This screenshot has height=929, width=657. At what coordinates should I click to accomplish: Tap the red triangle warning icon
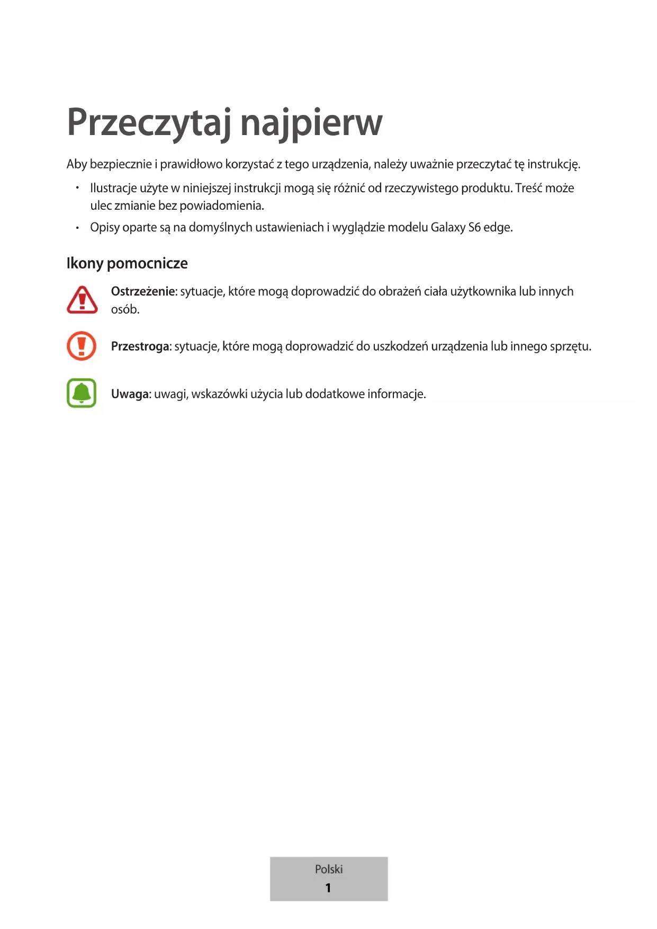pyautogui.click(x=82, y=300)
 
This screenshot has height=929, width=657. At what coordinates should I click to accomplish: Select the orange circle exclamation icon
pyautogui.click(x=82, y=346)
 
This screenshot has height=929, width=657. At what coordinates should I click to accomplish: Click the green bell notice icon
pyautogui.click(x=82, y=393)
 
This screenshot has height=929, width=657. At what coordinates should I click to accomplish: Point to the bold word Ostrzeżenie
pyautogui.click(x=143, y=291)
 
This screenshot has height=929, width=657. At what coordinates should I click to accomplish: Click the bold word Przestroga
pyautogui.click(x=140, y=346)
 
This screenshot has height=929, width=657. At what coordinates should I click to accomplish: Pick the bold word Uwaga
pyautogui.click(x=131, y=394)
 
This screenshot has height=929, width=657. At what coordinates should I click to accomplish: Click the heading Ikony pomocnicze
pyautogui.click(x=127, y=263)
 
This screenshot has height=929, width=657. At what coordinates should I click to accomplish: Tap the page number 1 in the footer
pyautogui.click(x=328, y=888)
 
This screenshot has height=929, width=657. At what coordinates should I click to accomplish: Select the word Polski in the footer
pyautogui.click(x=329, y=869)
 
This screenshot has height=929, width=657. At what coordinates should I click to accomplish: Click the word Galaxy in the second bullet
pyautogui.click(x=448, y=227)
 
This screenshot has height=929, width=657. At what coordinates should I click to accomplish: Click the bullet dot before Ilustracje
pyautogui.click(x=77, y=188)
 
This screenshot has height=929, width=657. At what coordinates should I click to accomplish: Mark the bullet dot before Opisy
pyautogui.click(x=77, y=228)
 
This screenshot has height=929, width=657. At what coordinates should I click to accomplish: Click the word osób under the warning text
pyautogui.click(x=125, y=309)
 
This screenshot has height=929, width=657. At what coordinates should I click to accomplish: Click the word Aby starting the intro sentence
pyautogui.click(x=77, y=164)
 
